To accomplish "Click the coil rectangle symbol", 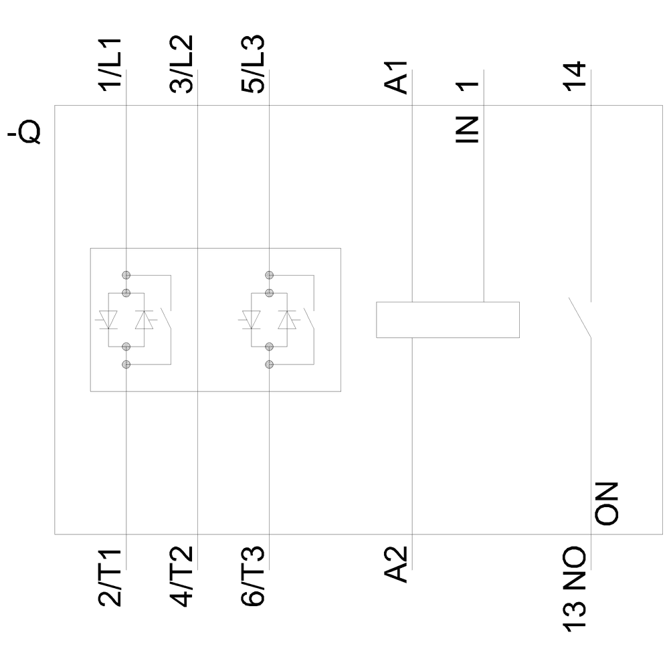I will (448, 320).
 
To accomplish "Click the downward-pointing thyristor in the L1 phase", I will (108, 320).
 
